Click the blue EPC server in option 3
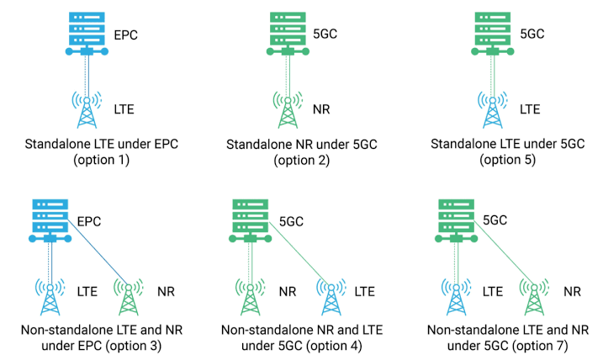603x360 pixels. pos(50,221)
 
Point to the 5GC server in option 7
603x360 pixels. pos(455,221)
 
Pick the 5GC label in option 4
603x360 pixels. pos(290,222)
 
